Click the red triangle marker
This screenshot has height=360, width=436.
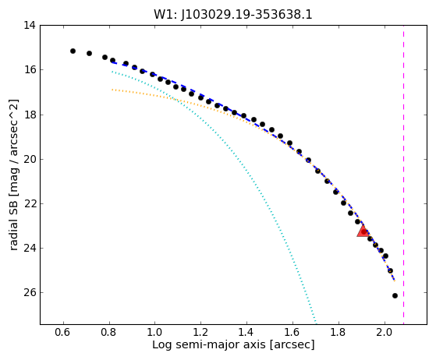(363, 231)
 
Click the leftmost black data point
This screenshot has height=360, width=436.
(73, 51)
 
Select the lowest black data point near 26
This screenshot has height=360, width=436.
(395, 295)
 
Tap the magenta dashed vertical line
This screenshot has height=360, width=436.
(403, 175)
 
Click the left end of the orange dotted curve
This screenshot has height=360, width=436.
(112, 90)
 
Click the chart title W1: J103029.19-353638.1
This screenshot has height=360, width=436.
(233, 14)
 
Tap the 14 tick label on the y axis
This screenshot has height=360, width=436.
(30, 25)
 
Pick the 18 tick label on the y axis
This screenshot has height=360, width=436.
(30, 115)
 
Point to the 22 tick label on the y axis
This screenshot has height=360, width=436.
(30, 203)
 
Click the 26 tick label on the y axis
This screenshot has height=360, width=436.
(30, 292)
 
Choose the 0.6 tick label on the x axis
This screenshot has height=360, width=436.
(64, 332)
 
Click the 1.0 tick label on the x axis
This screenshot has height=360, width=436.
(155, 332)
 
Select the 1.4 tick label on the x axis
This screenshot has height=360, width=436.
(246, 332)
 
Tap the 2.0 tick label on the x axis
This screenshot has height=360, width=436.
(385, 332)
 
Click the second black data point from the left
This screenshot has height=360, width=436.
(89, 53)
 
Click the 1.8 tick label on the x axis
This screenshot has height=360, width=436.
(339, 332)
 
